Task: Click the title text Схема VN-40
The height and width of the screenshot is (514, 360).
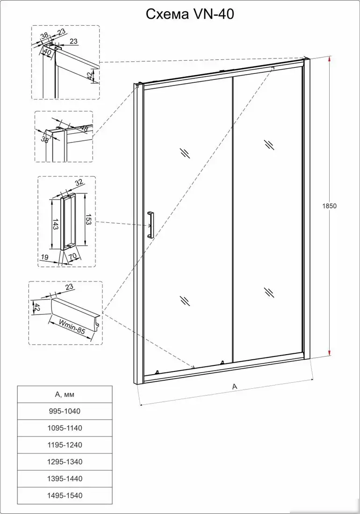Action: pos(190,15)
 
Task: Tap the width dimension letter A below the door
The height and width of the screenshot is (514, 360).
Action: pos(235,386)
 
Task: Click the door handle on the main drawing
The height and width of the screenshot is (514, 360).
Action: pos(150,225)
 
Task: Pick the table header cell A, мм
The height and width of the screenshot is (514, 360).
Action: pos(65,394)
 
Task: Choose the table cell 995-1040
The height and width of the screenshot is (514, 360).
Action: pos(65,411)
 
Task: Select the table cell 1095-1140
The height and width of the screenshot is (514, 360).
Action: pos(65,428)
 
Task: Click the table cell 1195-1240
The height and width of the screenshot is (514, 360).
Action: pos(65,445)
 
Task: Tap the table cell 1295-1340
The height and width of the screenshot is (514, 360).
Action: pos(65,462)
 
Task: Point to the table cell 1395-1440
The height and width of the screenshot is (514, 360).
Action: pos(65,478)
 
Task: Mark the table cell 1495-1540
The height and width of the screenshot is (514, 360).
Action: pos(65,495)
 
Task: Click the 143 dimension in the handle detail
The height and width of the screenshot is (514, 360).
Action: pos(55,225)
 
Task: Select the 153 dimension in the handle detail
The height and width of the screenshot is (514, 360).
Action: pos(88,220)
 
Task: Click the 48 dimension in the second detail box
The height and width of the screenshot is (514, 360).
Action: pos(84,128)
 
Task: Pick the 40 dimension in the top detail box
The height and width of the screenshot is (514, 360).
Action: pos(47,52)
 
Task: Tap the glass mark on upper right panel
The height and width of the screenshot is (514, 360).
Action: pos(269,144)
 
